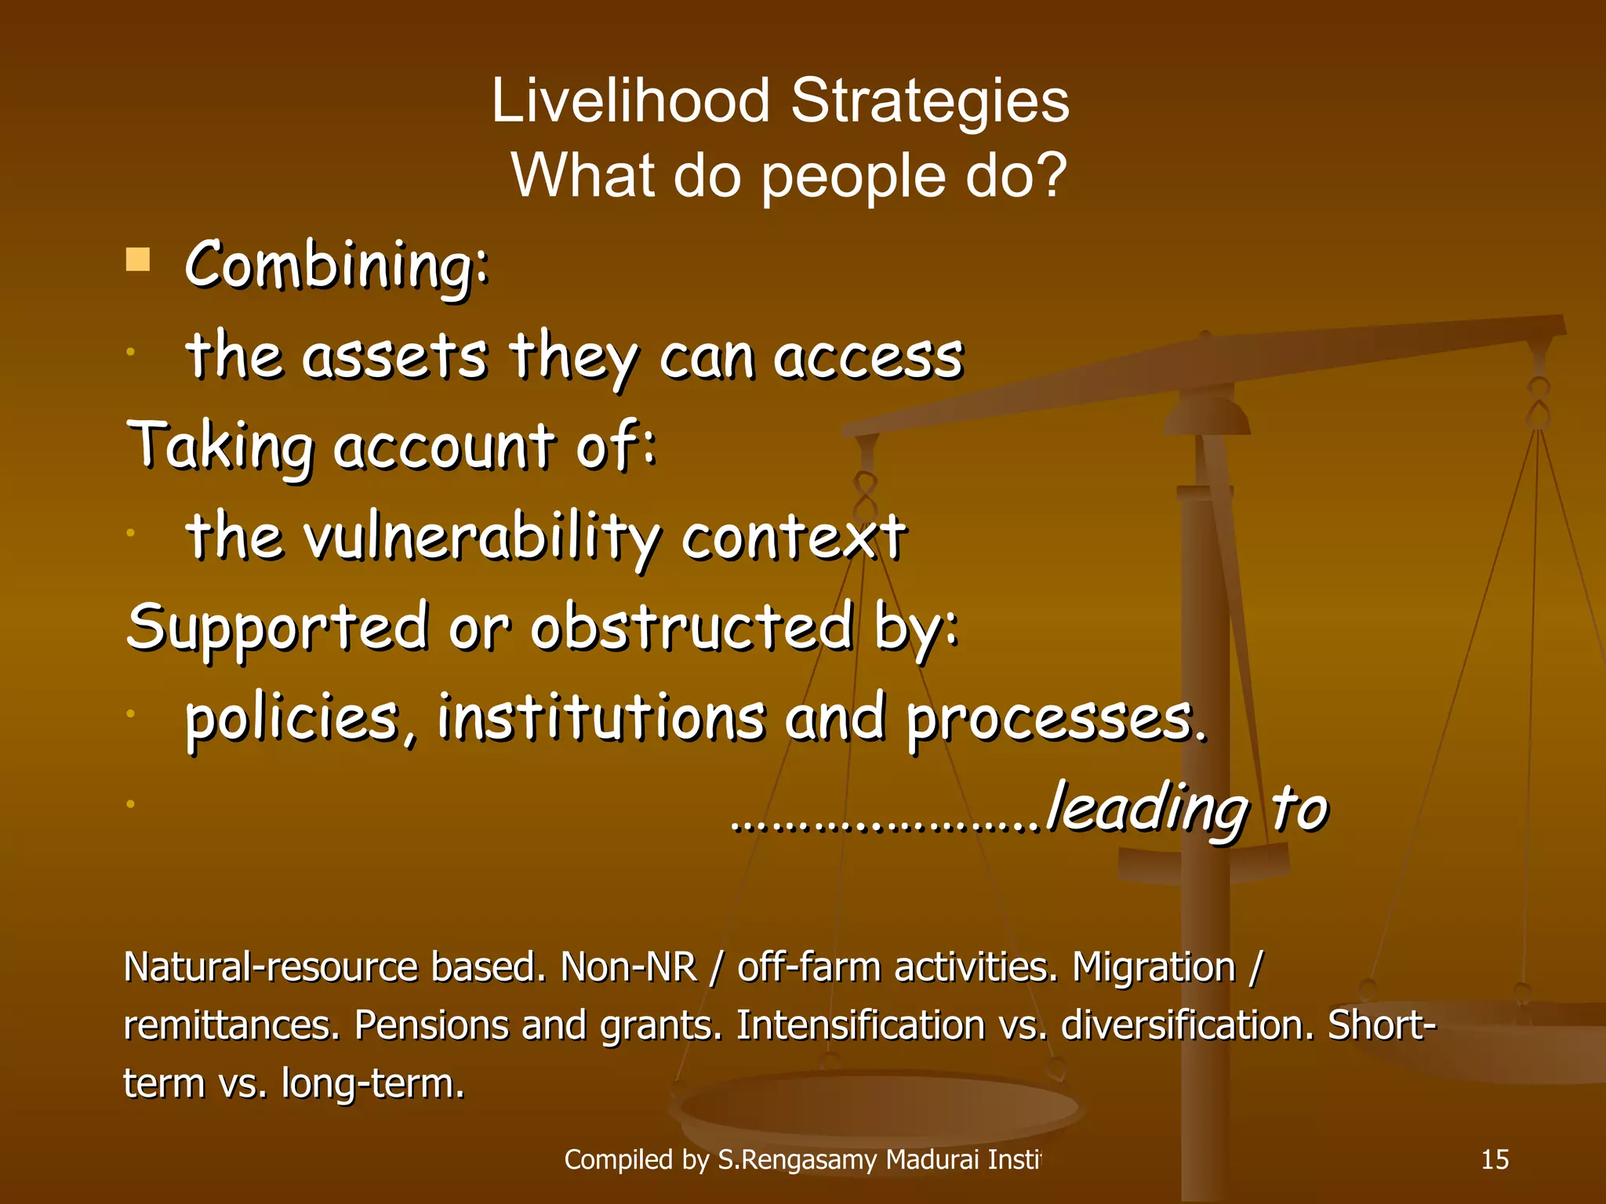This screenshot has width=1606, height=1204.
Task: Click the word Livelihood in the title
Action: (630, 101)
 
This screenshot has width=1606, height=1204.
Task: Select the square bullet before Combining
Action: (137, 259)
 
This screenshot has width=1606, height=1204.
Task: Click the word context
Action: (793, 538)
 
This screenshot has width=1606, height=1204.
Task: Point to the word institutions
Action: (600, 717)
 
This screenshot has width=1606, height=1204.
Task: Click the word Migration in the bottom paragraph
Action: (1153, 966)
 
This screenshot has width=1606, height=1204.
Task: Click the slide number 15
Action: (1495, 1159)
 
